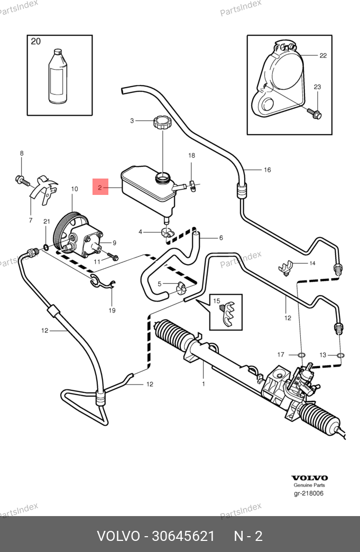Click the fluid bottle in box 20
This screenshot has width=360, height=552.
tap(59, 76)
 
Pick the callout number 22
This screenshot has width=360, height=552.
tap(323, 55)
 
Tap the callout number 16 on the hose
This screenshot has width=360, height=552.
tap(267, 170)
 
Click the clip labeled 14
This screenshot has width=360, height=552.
tap(286, 268)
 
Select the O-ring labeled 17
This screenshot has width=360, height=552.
tap(302, 354)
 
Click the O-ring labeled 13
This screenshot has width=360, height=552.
tap(340, 354)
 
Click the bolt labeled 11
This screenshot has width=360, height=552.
tap(113, 258)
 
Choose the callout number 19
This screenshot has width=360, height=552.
tap(112, 311)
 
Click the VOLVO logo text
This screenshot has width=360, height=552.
tap(309, 478)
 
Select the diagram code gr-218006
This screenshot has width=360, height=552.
tap(309, 493)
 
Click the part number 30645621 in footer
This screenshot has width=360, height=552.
tap(183, 536)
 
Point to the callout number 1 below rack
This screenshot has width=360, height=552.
tap(204, 384)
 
